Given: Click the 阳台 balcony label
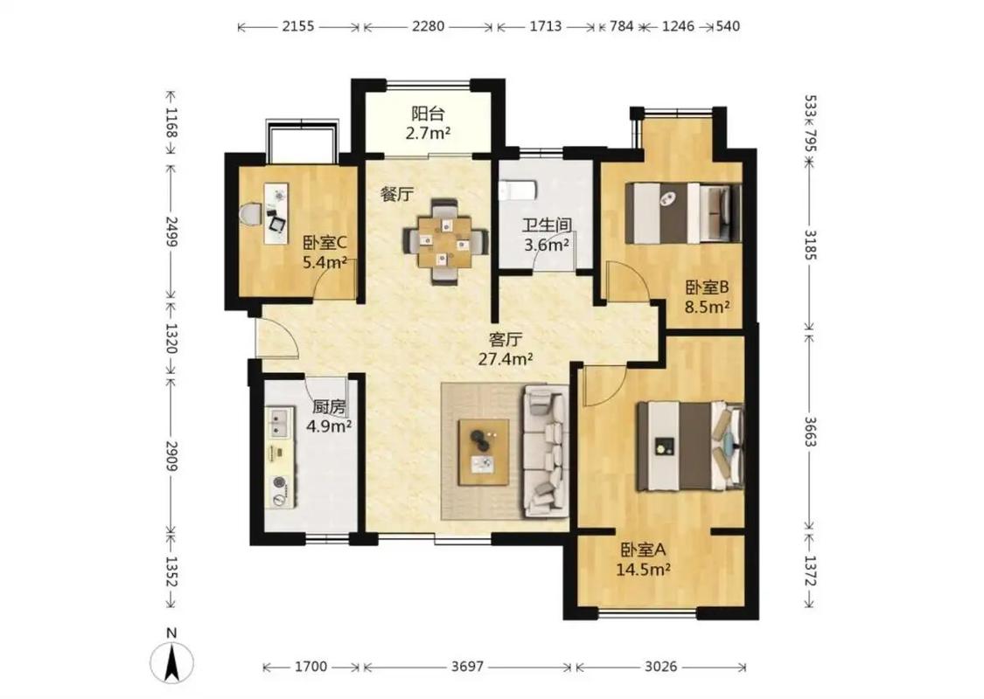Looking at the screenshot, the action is [x=428, y=114].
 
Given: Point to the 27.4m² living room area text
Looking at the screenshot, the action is [x=506, y=359].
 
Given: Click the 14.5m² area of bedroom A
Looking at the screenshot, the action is [x=644, y=570].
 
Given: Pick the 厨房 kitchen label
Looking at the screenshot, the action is [x=329, y=407].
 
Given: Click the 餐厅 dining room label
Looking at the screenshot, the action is [x=397, y=194].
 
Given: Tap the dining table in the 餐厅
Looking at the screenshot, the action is [x=445, y=241].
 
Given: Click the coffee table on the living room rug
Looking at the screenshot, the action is [x=484, y=452].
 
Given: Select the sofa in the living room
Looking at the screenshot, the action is [x=545, y=452].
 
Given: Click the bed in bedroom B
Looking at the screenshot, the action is [x=683, y=212].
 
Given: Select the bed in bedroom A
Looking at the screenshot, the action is [x=690, y=446].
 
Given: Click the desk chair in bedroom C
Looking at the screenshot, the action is [x=251, y=213].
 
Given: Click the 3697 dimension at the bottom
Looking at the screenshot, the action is [x=468, y=667].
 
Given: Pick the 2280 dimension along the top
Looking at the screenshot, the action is [x=428, y=26].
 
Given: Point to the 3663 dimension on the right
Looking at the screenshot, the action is [x=810, y=432].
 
